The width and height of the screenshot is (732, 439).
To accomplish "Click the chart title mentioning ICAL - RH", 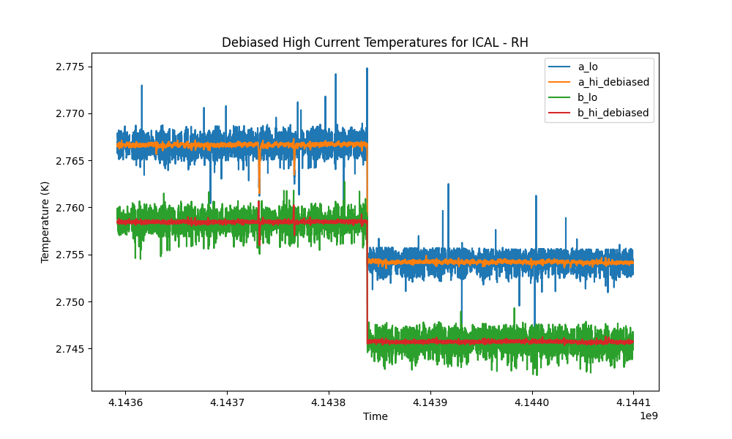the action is [x=375, y=42].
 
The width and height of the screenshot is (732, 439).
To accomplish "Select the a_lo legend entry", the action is [x=588, y=67].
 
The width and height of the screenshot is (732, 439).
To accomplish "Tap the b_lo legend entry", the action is [x=587, y=97].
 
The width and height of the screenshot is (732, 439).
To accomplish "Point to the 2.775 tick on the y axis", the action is [x=70, y=67].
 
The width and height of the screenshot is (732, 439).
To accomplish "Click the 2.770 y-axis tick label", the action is [x=70, y=114].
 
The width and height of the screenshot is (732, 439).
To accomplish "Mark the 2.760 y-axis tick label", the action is [x=70, y=208].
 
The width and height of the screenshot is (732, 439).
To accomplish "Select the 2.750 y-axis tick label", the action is [x=70, y=302].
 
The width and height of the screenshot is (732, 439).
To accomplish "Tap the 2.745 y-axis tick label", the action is [x=70, y=349].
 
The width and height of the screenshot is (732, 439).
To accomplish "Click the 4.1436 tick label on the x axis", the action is [x=126, y=402].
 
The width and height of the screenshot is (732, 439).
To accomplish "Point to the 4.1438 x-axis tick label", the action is [x=329, y=402].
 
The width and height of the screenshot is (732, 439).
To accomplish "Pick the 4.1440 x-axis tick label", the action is [x=531, y=402].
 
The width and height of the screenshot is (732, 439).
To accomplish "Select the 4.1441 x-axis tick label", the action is [x=633, y=402].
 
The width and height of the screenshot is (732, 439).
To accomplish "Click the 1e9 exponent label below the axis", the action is [x=649, y=416].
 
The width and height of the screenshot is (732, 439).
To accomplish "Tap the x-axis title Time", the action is [x=376, y=416].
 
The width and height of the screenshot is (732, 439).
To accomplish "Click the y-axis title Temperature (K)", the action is [x=45, y=222].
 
